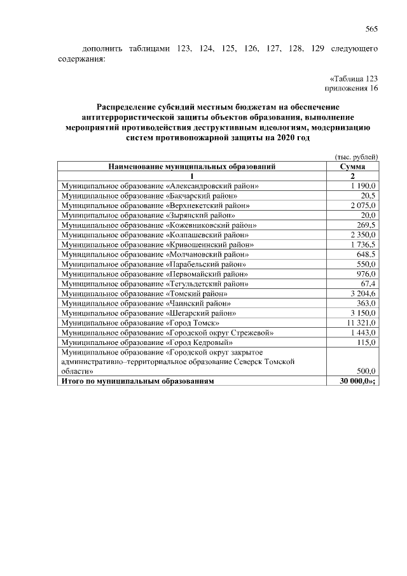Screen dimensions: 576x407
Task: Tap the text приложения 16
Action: click(x=352, y=88)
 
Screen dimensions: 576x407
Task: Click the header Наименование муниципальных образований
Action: click(x=191, y=167)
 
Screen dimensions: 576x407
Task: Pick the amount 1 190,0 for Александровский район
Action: click(x=363, y=186)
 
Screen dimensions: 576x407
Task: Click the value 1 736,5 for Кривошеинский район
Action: click(x=363, y=245)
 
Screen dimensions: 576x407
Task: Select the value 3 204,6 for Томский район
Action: click(x=363, y=294)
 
